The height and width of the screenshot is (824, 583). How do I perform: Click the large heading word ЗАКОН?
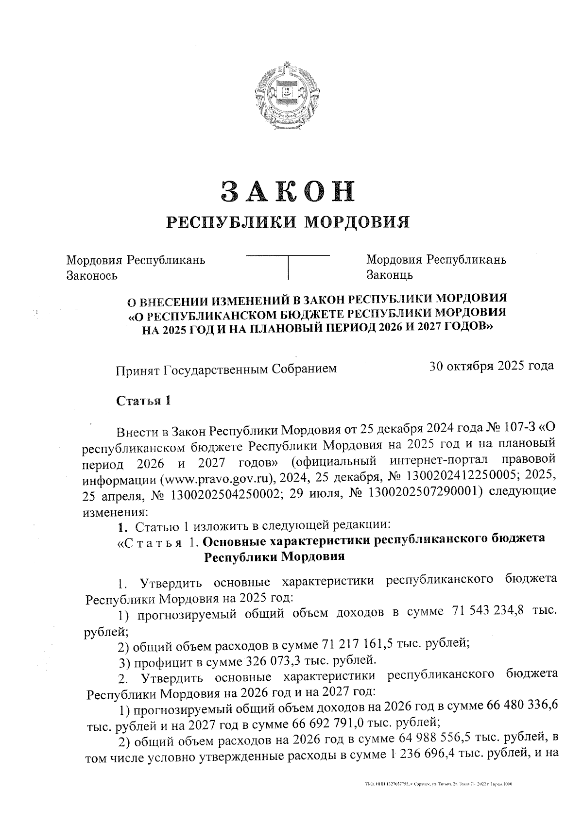point(288,190)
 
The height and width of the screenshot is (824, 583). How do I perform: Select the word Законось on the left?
point(92,276)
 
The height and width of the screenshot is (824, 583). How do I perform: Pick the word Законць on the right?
point(390,275)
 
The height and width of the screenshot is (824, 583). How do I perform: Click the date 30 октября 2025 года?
point(491,366)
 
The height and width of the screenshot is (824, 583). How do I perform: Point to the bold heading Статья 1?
point(143,401)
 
